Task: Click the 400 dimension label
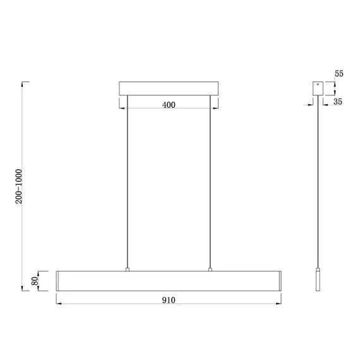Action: click(x=169, y=105)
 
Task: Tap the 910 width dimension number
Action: click(x=169, y=301)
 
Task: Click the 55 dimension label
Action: click(x=339, y=74)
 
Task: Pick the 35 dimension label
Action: click(x=338, y=101)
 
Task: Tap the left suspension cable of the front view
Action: click(x=128, y=183)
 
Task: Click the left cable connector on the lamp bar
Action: click(x=128, y=270)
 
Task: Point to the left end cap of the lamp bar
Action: click(x=59, y=280)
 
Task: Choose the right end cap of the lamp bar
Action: click(x=279, y=280)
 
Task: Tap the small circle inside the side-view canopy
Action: click(x=317, y=84)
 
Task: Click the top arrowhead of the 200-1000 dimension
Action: click(x=23, y=83)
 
